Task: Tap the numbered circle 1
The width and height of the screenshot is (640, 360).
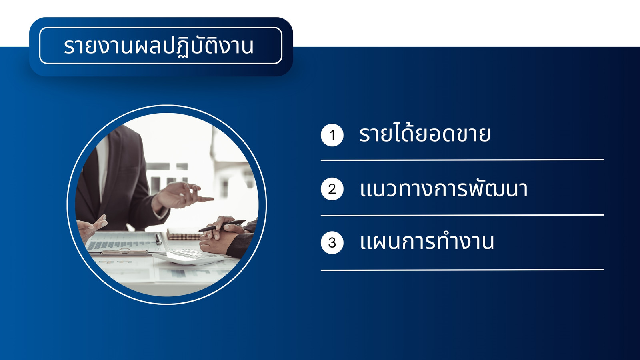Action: coord(332,135)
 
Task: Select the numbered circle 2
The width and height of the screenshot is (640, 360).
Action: coord(332,189)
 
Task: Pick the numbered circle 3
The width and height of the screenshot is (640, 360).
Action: coord(332,242)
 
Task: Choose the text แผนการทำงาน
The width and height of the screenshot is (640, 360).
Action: coord(427,241)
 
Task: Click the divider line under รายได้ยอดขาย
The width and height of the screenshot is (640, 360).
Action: coord(462,160)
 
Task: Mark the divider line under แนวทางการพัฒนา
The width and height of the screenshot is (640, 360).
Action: coord(462,215)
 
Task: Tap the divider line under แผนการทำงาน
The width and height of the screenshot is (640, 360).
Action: coord(462,270)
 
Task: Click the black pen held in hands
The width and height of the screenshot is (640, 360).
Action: coord(222,226)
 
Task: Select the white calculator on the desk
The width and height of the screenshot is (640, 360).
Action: coord(188,256)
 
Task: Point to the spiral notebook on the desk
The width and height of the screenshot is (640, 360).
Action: coord(184,234)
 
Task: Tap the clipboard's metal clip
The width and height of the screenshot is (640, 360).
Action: coord(124,252)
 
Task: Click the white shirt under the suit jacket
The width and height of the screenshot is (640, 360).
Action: coord(102,166)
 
